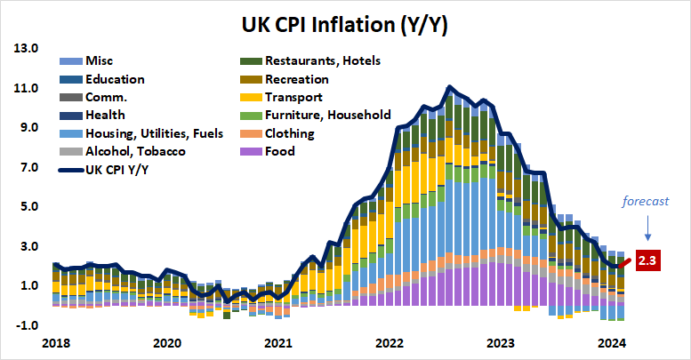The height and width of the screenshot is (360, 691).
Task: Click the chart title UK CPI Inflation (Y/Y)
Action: tap(345, 24)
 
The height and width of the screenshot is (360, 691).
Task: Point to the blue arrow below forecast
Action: tap(649, 229)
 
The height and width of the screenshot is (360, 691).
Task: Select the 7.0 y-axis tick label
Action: tap(30, 167)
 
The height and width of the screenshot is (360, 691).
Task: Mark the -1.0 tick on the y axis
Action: tap(28, 325)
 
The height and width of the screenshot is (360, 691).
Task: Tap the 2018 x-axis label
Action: tap(55, 343)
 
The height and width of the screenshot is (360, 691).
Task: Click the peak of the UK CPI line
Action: tap(450, 87)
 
